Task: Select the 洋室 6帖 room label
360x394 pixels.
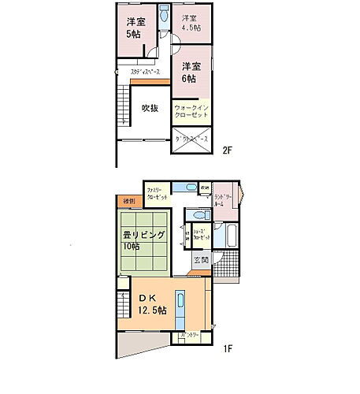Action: tap(190, 72)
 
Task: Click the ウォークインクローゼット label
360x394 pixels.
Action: tap(191, 109)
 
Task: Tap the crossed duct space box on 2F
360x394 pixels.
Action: tap(191, 139)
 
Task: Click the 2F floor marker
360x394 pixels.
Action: tap(227, 148)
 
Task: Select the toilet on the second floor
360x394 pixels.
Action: tap(163, 16)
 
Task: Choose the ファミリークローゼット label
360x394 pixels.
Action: tap(155, 194)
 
